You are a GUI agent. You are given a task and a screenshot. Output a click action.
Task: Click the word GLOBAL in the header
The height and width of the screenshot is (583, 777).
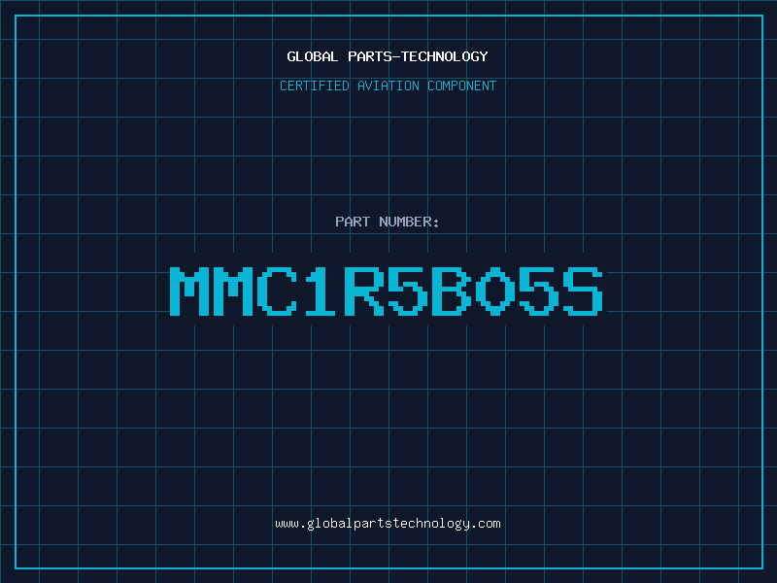(312, 56)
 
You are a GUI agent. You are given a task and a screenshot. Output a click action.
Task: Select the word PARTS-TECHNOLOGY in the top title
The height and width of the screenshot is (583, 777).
(418, 56)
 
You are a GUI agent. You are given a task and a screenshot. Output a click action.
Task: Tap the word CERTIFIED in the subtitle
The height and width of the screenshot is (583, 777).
(314, 86)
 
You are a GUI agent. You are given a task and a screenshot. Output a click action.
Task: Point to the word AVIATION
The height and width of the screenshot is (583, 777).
(388, 86)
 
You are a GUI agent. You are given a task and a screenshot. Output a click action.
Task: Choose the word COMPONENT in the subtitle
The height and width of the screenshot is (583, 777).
(461, 86)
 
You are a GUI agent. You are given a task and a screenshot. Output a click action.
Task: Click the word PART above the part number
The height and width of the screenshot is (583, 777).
(353, 222)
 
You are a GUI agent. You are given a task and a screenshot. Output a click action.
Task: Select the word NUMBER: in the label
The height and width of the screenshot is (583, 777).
(409, 222)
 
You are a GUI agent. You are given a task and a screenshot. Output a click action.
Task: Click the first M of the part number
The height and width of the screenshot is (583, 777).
(188, 291)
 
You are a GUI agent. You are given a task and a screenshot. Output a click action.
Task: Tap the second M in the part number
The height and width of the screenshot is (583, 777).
(232, 291)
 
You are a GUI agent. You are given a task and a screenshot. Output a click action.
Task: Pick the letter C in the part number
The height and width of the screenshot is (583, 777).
(277, 291)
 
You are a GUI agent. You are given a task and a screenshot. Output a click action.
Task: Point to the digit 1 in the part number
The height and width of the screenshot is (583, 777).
(321, 291)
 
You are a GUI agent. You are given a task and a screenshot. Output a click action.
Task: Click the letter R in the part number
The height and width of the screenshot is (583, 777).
(363, 291)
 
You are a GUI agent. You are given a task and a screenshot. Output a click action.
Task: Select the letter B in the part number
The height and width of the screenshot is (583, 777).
(451, 291)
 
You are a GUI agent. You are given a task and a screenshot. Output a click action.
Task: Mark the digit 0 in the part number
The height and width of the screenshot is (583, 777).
(494, 291)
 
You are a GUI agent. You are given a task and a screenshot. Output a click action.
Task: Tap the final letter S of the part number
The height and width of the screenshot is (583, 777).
(582, 291)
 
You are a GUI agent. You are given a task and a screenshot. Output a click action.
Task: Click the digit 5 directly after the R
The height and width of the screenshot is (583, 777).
(407, 291)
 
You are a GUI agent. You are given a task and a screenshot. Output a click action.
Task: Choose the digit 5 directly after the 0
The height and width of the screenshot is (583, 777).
(539, 291)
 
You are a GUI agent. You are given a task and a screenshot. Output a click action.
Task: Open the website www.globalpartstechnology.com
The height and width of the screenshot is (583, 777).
(388, 524)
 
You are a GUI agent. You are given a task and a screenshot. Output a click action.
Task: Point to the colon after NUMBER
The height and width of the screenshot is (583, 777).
(435, 223)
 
